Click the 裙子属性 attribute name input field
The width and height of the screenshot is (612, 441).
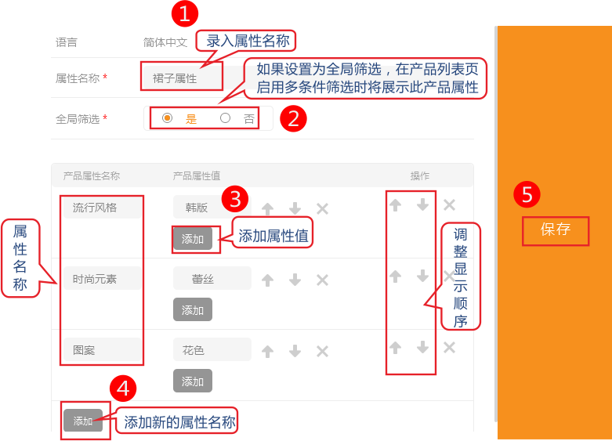pyautogui.click(x=182, y=78)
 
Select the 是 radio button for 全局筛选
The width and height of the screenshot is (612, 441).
pyautogui.click(x=168, y=117)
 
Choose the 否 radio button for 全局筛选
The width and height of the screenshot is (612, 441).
pyautogui.click(x=225, y=117)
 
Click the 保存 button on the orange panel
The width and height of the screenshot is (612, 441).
pyautogui.click(x=556, y=230)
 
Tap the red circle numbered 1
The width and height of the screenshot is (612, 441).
pyautogui.click(x=185, y=13)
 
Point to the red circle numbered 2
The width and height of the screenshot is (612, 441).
pyautogui.click(x=293, y=118)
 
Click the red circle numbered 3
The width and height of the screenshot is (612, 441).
pyautogui.click(x=235, y=199)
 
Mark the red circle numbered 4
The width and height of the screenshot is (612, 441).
pyautogui.click(x=123, y=389)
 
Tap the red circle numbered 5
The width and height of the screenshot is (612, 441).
pyautogui.click(x=527, y=194)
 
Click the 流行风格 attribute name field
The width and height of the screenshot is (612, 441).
pyautogui.click(x=103, y=208)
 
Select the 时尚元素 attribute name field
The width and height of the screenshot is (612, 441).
pyautogui.click(x=103, y=279)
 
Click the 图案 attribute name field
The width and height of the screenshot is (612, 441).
pyautogui.click(x=103, y=349)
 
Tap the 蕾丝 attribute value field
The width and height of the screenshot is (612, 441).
pyautogui.click(x=212, y=278)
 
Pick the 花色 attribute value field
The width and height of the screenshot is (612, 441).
pyautogui.click(x=212, y=349)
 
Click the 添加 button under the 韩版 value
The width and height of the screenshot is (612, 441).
pyautogui.click(x=193, y=238)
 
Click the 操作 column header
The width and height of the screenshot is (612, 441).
pyautogui.click(x=420, y=176)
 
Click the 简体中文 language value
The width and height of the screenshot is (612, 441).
pyautogui.click(x=165, y=42)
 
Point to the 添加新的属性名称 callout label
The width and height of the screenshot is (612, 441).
pyautogui.click(x=180, y=422)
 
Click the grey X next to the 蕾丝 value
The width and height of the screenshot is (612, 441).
pyautogui.click(x=322, y=280)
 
